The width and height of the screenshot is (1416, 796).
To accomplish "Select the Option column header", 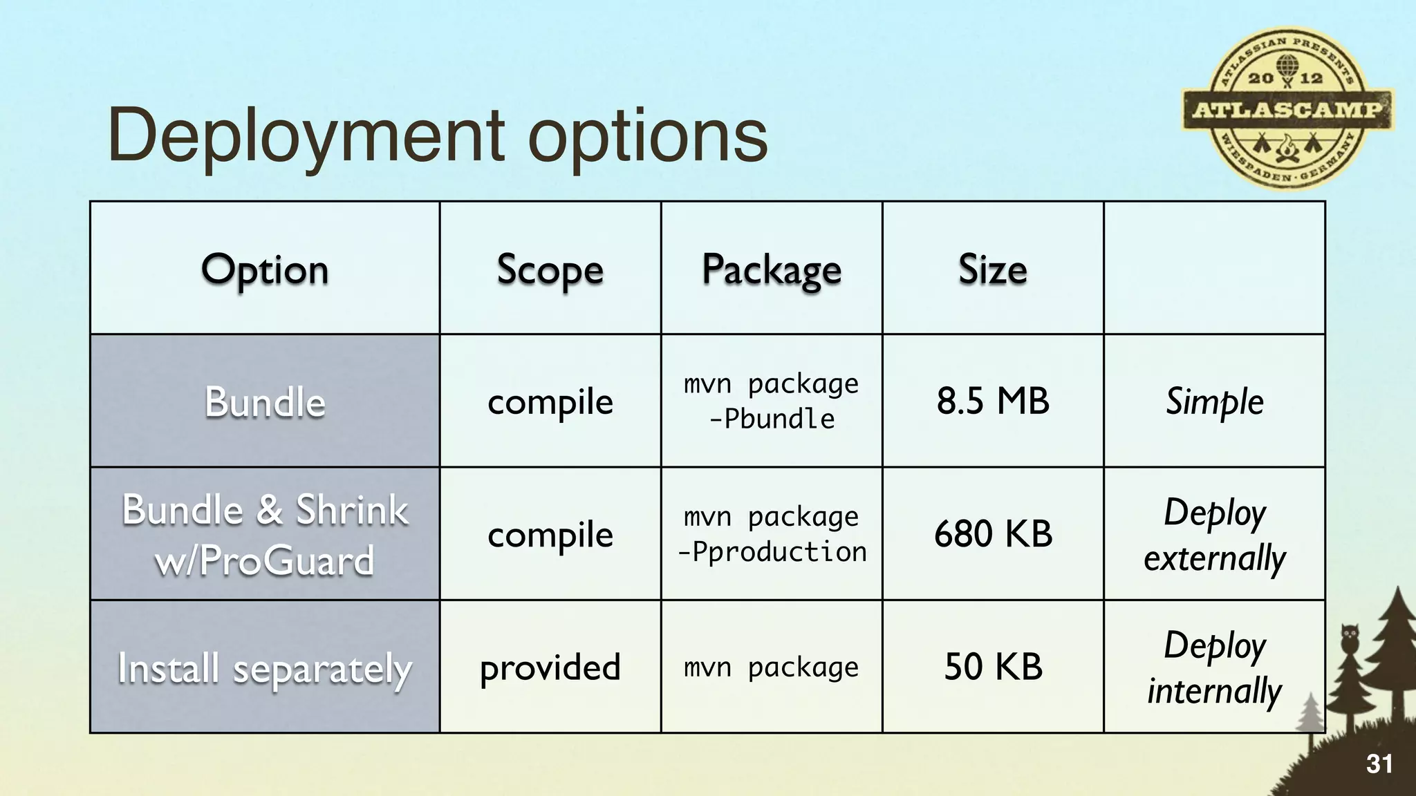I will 265,269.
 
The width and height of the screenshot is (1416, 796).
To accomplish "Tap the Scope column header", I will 550,269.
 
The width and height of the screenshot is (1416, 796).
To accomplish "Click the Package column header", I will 772,269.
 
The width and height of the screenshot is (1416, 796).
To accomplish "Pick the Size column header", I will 992,269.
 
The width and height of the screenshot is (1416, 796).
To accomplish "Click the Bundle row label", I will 265,401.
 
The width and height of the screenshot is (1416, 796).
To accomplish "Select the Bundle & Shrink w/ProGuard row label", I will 265,534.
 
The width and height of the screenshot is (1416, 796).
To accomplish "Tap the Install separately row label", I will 265,668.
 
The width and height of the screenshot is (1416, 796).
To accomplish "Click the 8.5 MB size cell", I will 992,401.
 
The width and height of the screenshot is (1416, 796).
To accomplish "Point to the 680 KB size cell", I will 992,534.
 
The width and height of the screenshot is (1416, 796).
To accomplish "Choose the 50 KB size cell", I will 992,667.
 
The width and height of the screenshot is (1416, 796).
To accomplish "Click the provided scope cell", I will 550,667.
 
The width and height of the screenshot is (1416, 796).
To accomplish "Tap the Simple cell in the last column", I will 1214,401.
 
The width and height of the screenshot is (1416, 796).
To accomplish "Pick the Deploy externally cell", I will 1214,534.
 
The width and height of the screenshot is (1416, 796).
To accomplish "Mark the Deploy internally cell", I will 1214,667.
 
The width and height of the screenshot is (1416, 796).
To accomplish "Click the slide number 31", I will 1379,764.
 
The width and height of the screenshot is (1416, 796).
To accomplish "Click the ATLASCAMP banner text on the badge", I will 1287,109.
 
